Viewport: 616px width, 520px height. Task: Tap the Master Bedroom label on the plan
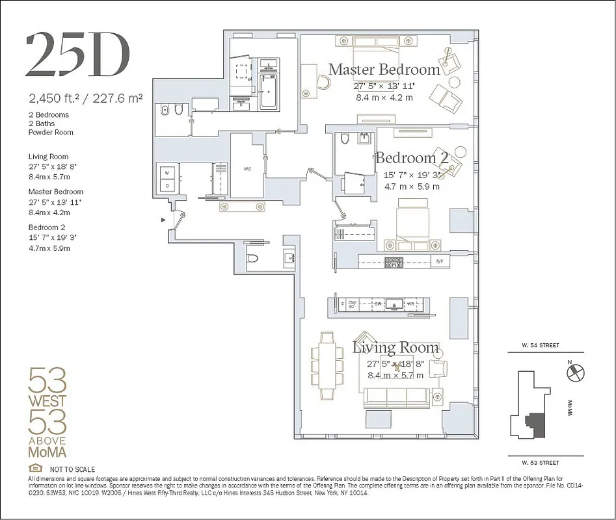point(384,70)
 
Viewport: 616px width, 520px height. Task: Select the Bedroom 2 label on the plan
point(414,158)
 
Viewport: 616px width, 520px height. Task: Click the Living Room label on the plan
point(395,348)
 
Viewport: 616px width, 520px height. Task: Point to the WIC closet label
point(248,169)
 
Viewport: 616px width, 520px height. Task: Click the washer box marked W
point(167,173)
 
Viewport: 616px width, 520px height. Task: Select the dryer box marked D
point(167,186)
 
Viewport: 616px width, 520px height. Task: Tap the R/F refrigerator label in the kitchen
point(440,262)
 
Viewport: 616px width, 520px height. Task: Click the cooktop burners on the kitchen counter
point(394,262)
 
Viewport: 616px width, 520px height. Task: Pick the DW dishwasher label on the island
point(377,304)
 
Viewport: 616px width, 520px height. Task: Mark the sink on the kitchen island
point(395,304)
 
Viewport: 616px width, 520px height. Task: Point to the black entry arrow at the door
point(163,220)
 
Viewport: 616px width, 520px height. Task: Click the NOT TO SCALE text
point(72,469)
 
